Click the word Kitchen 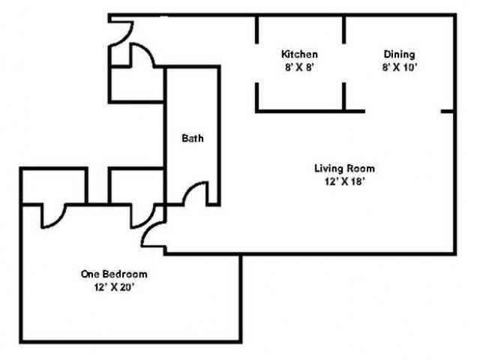[299, 54]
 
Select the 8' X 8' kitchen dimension [299, 67]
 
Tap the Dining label [400, 55]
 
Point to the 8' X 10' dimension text [400, 67]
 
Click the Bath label [193, 138]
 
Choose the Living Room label [345, 168]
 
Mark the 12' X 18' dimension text [345, 181]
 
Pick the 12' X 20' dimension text [114, 287]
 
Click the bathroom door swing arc [191, 188]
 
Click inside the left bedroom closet [54, 186]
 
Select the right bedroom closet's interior [136, 186]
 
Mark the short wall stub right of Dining [447, 111]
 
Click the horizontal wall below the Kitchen [310, 111]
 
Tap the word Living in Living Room [327, 168]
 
